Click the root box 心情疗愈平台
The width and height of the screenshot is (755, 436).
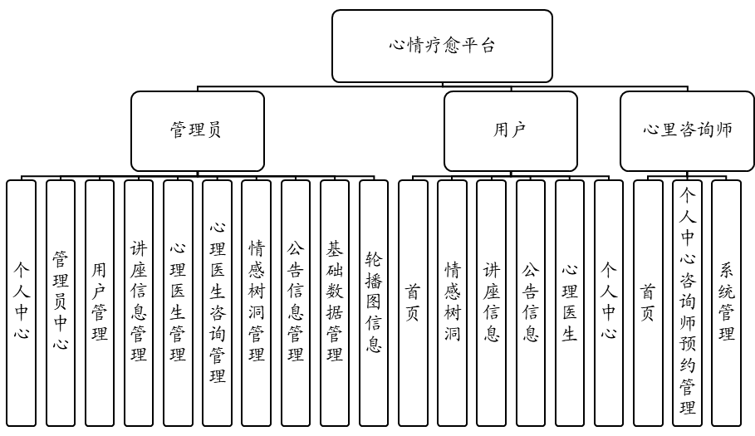tap(442, 46)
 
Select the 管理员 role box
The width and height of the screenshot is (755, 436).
tap(197, 130)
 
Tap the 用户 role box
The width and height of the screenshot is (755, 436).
tap(510, 130)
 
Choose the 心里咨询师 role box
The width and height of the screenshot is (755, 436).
tap(687, 130)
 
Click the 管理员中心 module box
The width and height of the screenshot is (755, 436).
tap(61, 303)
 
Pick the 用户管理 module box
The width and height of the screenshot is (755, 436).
tap(100, 303)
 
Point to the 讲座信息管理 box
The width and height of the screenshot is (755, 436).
tap(139, 303)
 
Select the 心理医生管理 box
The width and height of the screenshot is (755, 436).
tap(178, 303)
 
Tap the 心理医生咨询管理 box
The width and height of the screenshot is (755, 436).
tap(217, 303)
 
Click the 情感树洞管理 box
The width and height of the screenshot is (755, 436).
tap(256, 303)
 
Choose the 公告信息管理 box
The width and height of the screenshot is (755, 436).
tap(295, 303)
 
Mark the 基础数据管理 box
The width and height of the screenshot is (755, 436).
tap(335, 303)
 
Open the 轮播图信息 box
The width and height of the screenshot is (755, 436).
tap(374, 303)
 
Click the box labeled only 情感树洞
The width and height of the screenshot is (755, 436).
tap(452, 303)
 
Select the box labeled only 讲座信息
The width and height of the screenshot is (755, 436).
tap(491, 303)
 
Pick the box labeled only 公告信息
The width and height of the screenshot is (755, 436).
tap(530, 303)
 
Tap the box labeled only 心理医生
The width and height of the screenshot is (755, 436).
tap(569, 303)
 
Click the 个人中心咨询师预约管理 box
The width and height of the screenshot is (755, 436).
tap(687, 303)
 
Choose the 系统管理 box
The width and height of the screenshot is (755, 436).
tap(726, 303)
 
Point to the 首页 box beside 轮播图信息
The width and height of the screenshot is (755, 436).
tap(413, 303)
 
